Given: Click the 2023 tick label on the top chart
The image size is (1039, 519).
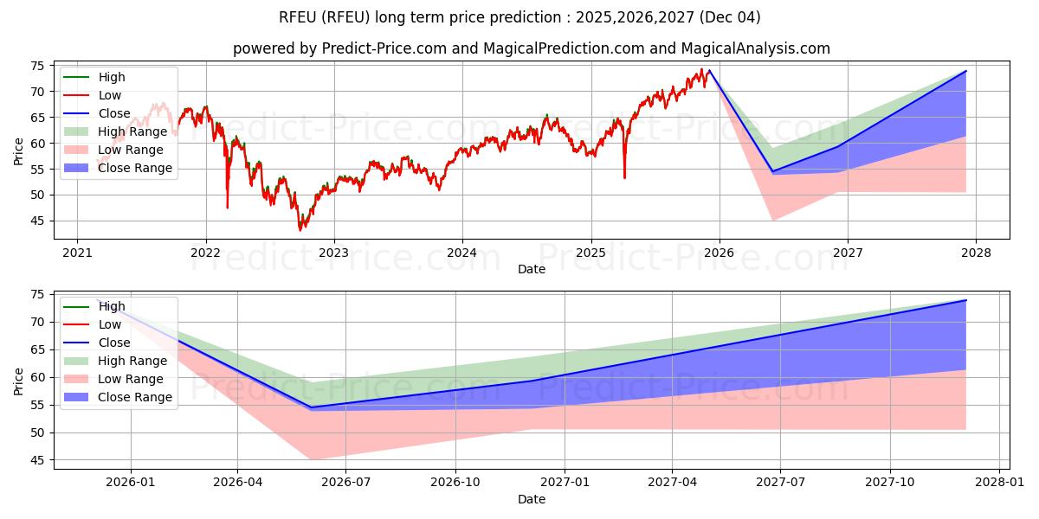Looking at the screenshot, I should [334, 253].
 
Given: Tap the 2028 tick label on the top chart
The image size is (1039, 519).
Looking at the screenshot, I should [976, 253].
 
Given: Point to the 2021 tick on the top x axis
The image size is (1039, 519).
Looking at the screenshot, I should [77, 253].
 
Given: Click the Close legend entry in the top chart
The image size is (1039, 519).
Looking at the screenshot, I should [114, 113].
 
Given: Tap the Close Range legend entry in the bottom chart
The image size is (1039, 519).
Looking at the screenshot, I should [135, 397].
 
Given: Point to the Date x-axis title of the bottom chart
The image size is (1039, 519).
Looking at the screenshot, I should [532, 499].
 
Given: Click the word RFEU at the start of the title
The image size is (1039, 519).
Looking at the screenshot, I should [298, 17].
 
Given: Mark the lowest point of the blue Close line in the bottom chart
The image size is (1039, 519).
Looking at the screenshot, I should [312, 407].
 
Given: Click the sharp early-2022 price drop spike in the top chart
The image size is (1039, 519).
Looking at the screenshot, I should [228, 207].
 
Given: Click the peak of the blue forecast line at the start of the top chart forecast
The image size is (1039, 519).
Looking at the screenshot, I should [709, 71].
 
